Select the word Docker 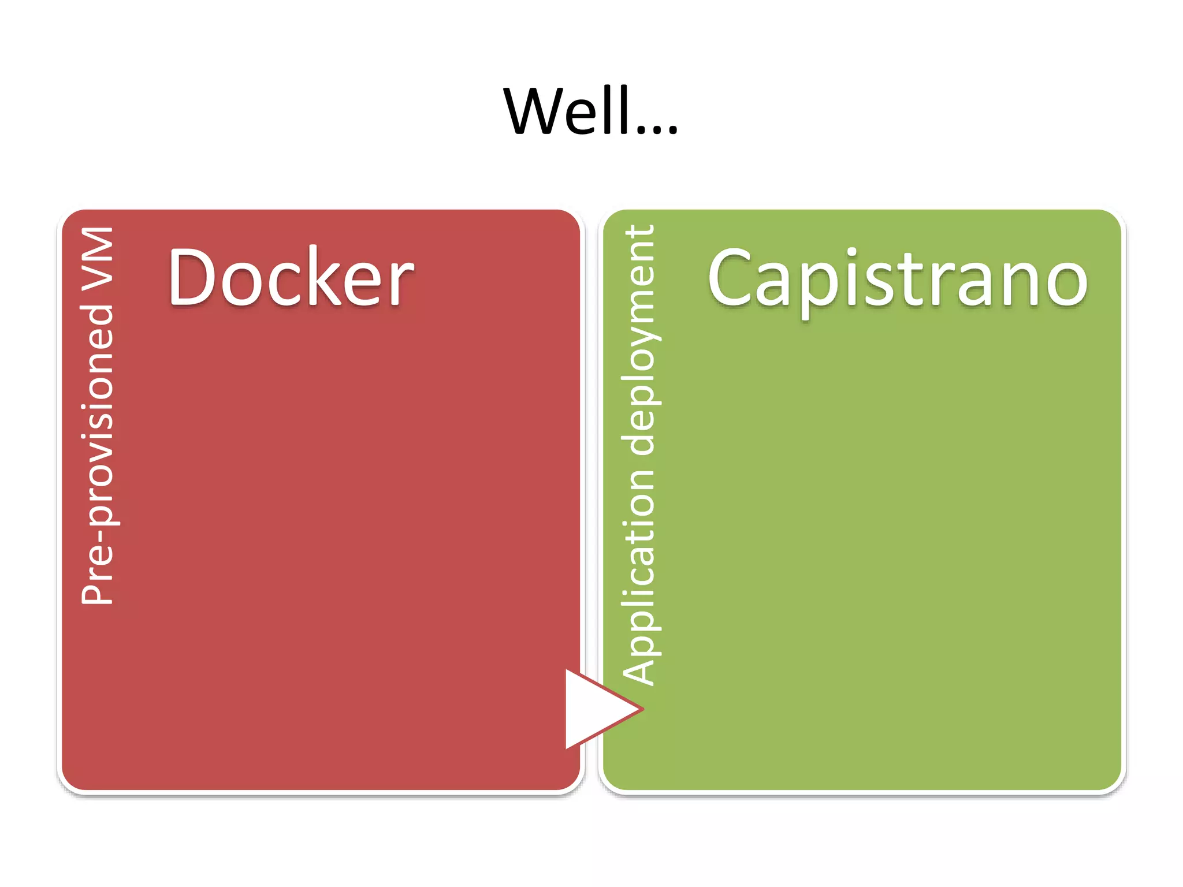(x=291, y=277)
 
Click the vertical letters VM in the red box (x=97, y=258)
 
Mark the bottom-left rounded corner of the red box (x=72, y=780)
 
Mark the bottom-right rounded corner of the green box (x=1111, y=780)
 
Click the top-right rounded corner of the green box (x=1111, y=220)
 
